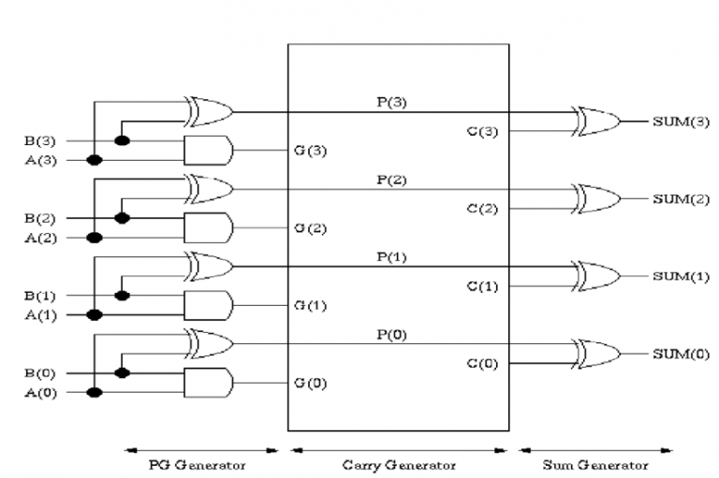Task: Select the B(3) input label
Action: coord(40,141)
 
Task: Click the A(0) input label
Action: coord(40,393)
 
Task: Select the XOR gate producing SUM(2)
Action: coord(597,199)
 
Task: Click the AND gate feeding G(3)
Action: coord(208,150)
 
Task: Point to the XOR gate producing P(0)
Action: coord(210,343)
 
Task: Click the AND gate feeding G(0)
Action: coord(208,382)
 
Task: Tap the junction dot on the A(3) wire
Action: coord(94,160)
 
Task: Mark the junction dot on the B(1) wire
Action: coord(121,296)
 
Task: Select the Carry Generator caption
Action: coord(399,463)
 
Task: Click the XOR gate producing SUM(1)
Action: coord(597,276)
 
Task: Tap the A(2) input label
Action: coord(40,239)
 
